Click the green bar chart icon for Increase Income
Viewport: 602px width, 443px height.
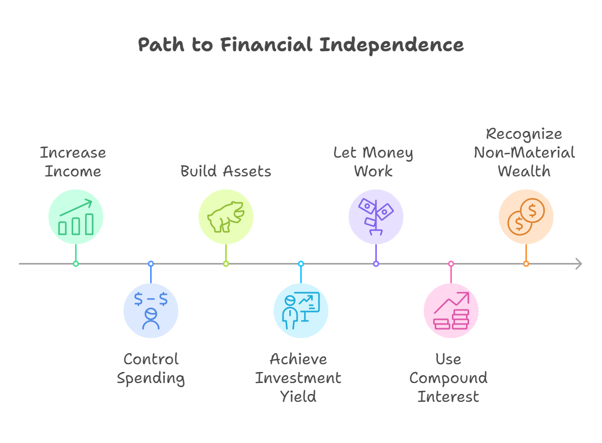76,217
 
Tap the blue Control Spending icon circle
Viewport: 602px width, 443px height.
151,310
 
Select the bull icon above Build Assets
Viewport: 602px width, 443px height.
226,217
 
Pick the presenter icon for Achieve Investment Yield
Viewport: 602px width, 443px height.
301,310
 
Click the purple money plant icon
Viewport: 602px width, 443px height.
376,217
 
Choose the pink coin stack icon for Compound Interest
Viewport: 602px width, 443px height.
451,310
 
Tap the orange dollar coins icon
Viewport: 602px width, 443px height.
526,217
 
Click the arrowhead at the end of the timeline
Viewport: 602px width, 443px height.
578,264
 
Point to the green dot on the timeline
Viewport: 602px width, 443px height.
76,264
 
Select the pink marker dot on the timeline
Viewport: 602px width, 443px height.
451,264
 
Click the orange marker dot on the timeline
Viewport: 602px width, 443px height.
526,264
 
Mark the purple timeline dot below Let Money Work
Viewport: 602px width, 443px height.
376,264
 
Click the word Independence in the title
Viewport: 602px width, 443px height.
391,45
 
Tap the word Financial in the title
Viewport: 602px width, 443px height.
266,45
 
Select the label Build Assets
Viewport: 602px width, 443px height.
226,171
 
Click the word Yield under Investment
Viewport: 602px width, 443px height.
298,397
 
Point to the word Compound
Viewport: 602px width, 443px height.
448,378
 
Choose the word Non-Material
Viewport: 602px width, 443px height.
524,152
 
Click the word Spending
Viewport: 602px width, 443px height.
151,378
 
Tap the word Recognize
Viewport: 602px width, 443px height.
524,134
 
